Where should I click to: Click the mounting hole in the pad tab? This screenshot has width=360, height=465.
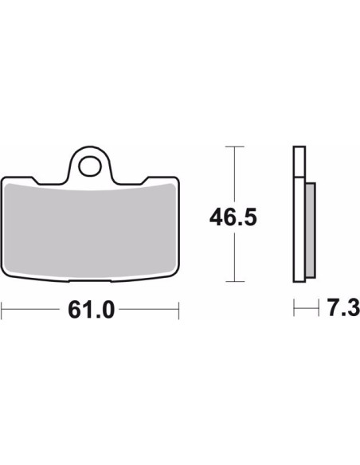pos(89,166)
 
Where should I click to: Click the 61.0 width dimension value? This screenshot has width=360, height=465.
pos(91,310)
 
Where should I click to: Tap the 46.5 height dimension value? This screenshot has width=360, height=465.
pos(233,217)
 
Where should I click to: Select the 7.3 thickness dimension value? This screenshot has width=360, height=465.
pos(343,307)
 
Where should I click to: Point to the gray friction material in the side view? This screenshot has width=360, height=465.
pos(310,230)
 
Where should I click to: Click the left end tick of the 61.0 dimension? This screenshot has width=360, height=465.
pos(2,311)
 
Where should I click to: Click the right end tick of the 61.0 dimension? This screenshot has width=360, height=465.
pos(179,311)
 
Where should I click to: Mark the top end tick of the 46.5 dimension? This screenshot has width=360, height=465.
pos(235,147)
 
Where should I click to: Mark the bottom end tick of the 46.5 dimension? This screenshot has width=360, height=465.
pos(235,281)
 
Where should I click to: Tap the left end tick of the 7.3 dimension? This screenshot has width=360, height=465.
pos(294,308)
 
